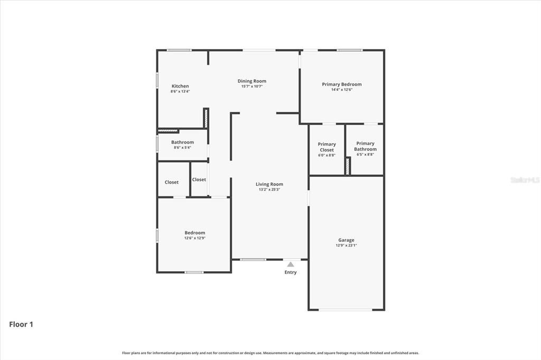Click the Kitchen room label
coord(180,86)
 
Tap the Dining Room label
coord(252,81)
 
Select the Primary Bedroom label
coord(342,84)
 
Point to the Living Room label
coord(269,184)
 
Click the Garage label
coord(347,240)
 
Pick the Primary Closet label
coord(327,147)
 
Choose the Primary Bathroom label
coord(365,146)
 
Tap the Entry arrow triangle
coord(290,264)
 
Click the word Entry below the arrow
coord(291,272)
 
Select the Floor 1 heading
coord(21,325)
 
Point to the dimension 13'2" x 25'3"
coord(269,190)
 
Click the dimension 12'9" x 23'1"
coord(347,245)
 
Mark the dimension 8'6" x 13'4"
coord(180,91)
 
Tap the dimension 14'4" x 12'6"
coord(342,90)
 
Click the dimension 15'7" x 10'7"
coord(252,86)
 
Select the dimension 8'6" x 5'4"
coord(182,147)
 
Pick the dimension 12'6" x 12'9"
coord(194,238)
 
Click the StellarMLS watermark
coord(525,180)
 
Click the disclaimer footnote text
coord(270,353)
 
